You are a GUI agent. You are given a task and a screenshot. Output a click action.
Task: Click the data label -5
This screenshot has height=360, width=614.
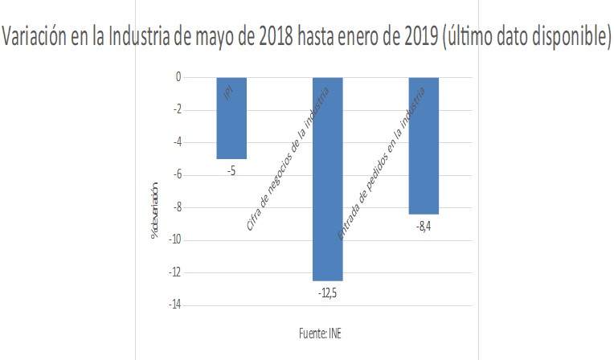(231, 170)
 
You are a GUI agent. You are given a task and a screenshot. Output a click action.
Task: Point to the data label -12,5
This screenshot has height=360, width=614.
(327, 292)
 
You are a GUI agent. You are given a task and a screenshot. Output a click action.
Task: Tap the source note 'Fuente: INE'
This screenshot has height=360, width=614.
(319, 333)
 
